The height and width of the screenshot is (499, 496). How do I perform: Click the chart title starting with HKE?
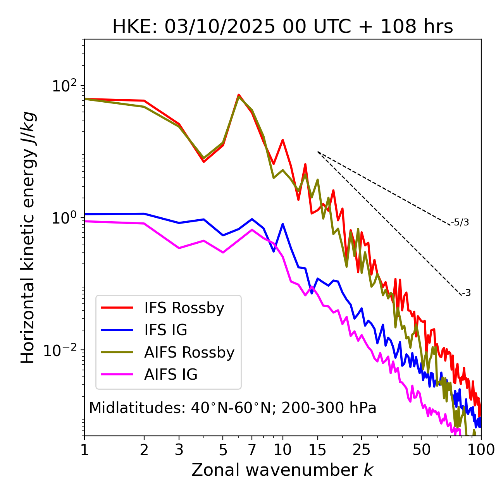(282, 27)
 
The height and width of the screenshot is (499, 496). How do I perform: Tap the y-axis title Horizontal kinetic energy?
(28, 237)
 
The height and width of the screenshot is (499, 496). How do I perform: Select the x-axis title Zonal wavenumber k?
(282, 470)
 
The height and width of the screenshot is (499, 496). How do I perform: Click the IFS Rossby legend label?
(184, 308)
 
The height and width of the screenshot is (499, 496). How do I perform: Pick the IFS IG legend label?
(165, 330)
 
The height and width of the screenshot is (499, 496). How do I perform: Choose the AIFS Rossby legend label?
(189, 353)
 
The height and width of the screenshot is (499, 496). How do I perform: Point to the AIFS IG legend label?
(171, 375)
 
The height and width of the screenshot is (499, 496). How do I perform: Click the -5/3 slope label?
(460, 222)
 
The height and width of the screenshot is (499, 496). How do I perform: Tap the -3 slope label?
(466, 293)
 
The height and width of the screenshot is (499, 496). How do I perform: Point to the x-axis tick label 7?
(252, 450)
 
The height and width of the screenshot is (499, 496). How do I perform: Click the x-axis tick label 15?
(317, 450)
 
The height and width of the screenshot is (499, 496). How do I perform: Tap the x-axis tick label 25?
(361, 450)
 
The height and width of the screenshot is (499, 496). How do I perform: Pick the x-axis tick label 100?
(481, 450)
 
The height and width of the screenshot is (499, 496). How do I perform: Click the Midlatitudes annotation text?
(232, 408)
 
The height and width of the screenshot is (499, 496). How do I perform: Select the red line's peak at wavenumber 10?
(282, 140)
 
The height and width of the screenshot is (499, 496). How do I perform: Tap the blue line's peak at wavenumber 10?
(283, 224)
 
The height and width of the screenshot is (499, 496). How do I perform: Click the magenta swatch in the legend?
(117, 375)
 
